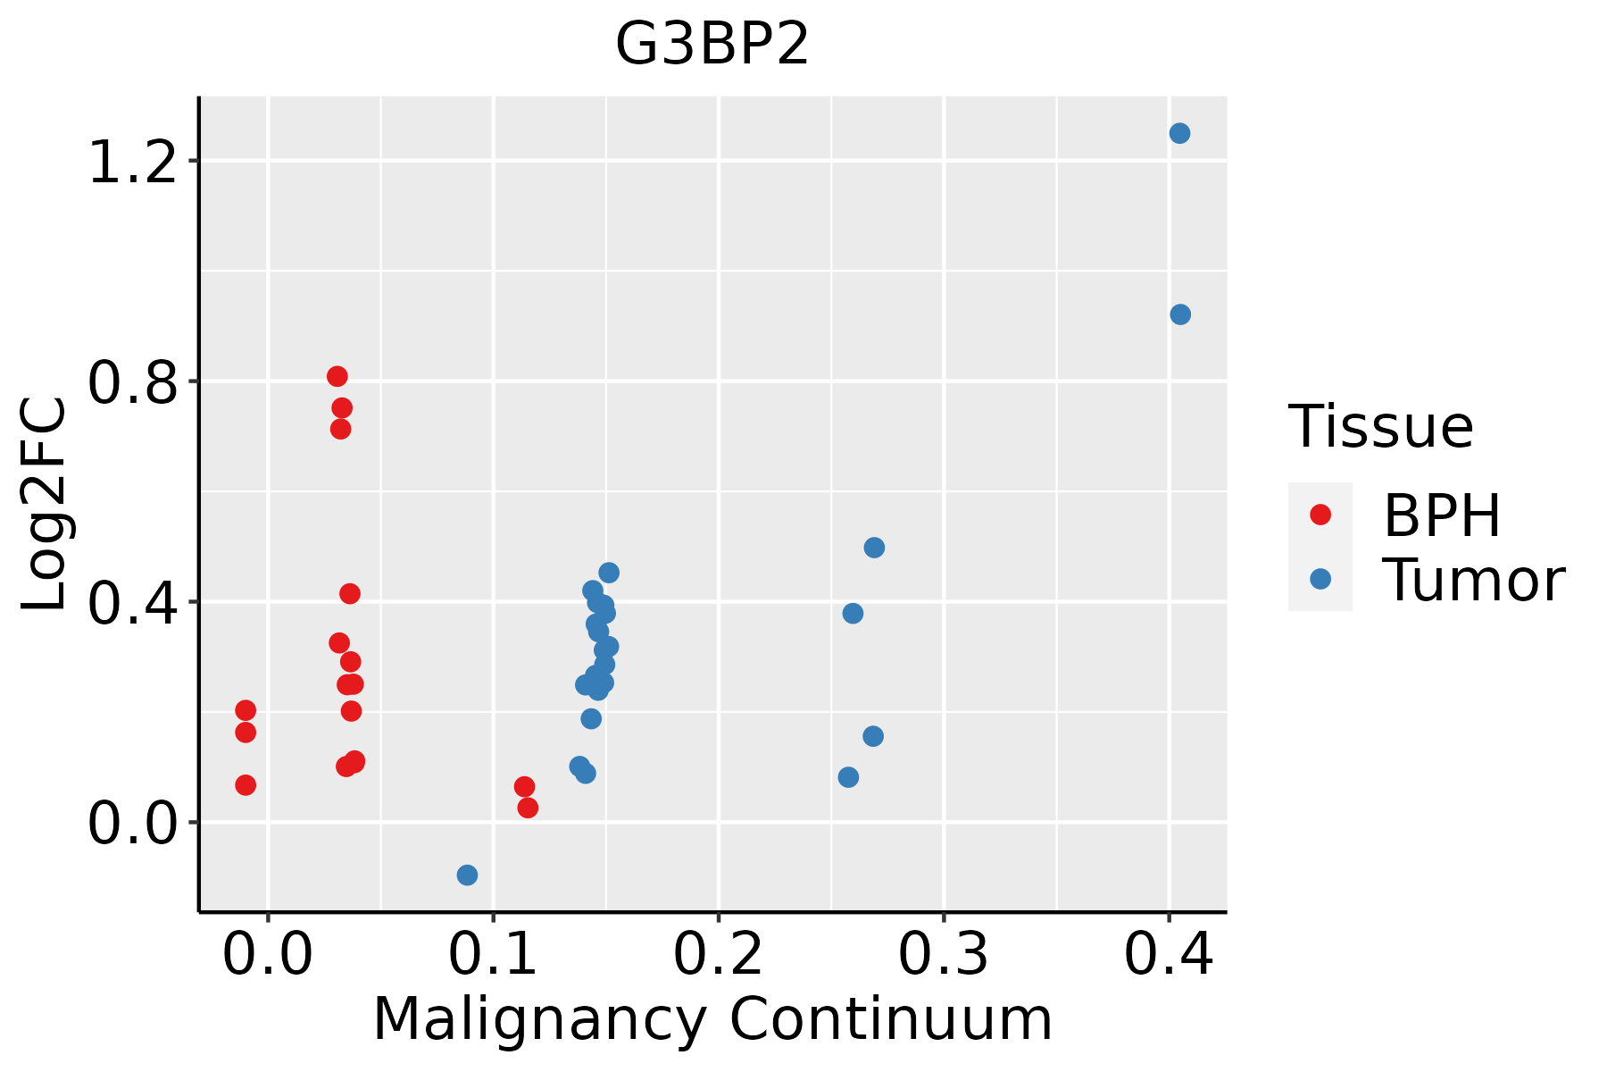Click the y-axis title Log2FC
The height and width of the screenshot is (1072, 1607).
45,505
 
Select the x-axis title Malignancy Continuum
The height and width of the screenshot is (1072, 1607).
712,1019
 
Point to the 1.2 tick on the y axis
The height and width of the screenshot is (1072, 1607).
132,162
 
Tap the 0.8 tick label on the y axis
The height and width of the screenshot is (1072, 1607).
132,382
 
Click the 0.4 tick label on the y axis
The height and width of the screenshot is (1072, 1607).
132,603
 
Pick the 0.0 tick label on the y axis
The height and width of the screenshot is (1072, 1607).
132,823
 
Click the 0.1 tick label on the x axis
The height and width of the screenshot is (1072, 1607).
493,954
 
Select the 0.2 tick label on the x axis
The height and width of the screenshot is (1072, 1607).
718,954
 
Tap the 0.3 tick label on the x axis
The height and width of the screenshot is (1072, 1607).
943,954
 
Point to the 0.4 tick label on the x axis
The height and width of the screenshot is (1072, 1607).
1168,954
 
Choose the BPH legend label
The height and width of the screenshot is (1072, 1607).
1442,515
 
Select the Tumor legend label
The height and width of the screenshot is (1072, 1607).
1473,580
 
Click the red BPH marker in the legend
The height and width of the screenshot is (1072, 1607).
1320,515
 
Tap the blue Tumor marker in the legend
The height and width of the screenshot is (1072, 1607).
1320,579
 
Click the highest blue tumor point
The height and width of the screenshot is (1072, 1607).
1179,133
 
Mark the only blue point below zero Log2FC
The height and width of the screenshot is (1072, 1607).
467,875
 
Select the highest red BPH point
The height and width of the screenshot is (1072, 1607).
337,376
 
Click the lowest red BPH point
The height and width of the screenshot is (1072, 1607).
528,808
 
